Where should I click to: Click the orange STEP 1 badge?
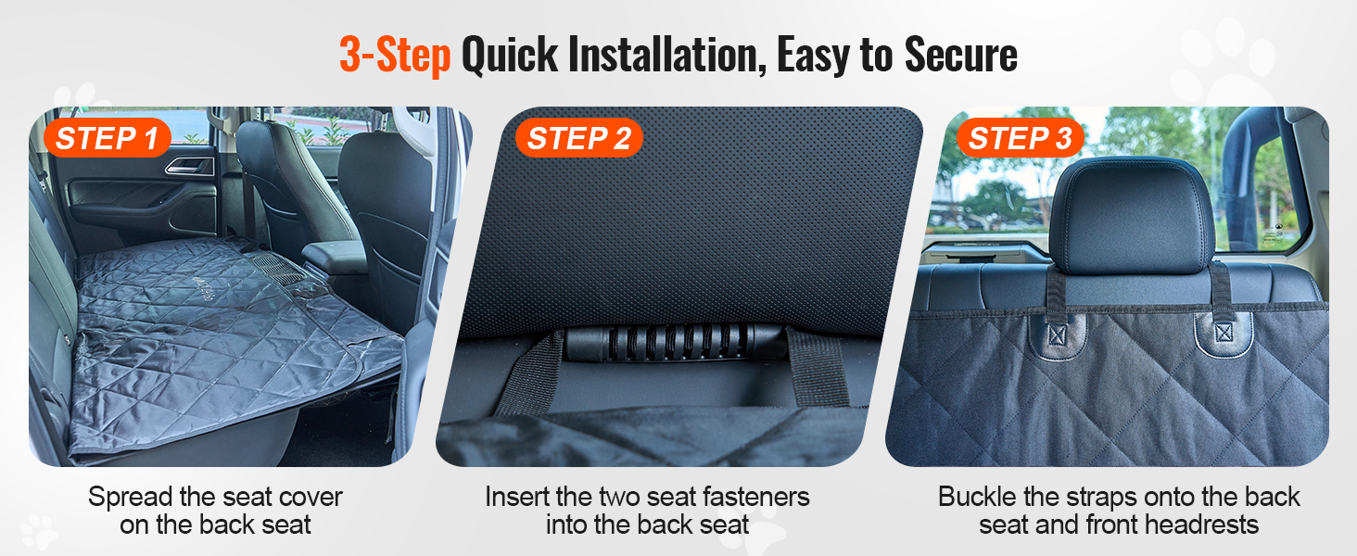click(x=108, y=138)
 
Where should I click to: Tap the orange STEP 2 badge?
click(x=578, y=138)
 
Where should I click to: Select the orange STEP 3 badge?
click(x=1021, y=138)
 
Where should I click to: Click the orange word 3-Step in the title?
click(x=395, y=55)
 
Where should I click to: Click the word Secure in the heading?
click(x=961, y=55)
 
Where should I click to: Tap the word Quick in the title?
click(x=510, y=55)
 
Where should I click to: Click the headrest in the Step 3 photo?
click(x=1132, y=215)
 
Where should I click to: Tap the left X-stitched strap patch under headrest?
click(x=1057, y=335)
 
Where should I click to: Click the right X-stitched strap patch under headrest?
click(x=1224, y=333)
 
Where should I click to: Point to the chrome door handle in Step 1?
click(x=190, y=165)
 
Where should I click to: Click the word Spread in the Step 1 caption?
click(x=130, y=498)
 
